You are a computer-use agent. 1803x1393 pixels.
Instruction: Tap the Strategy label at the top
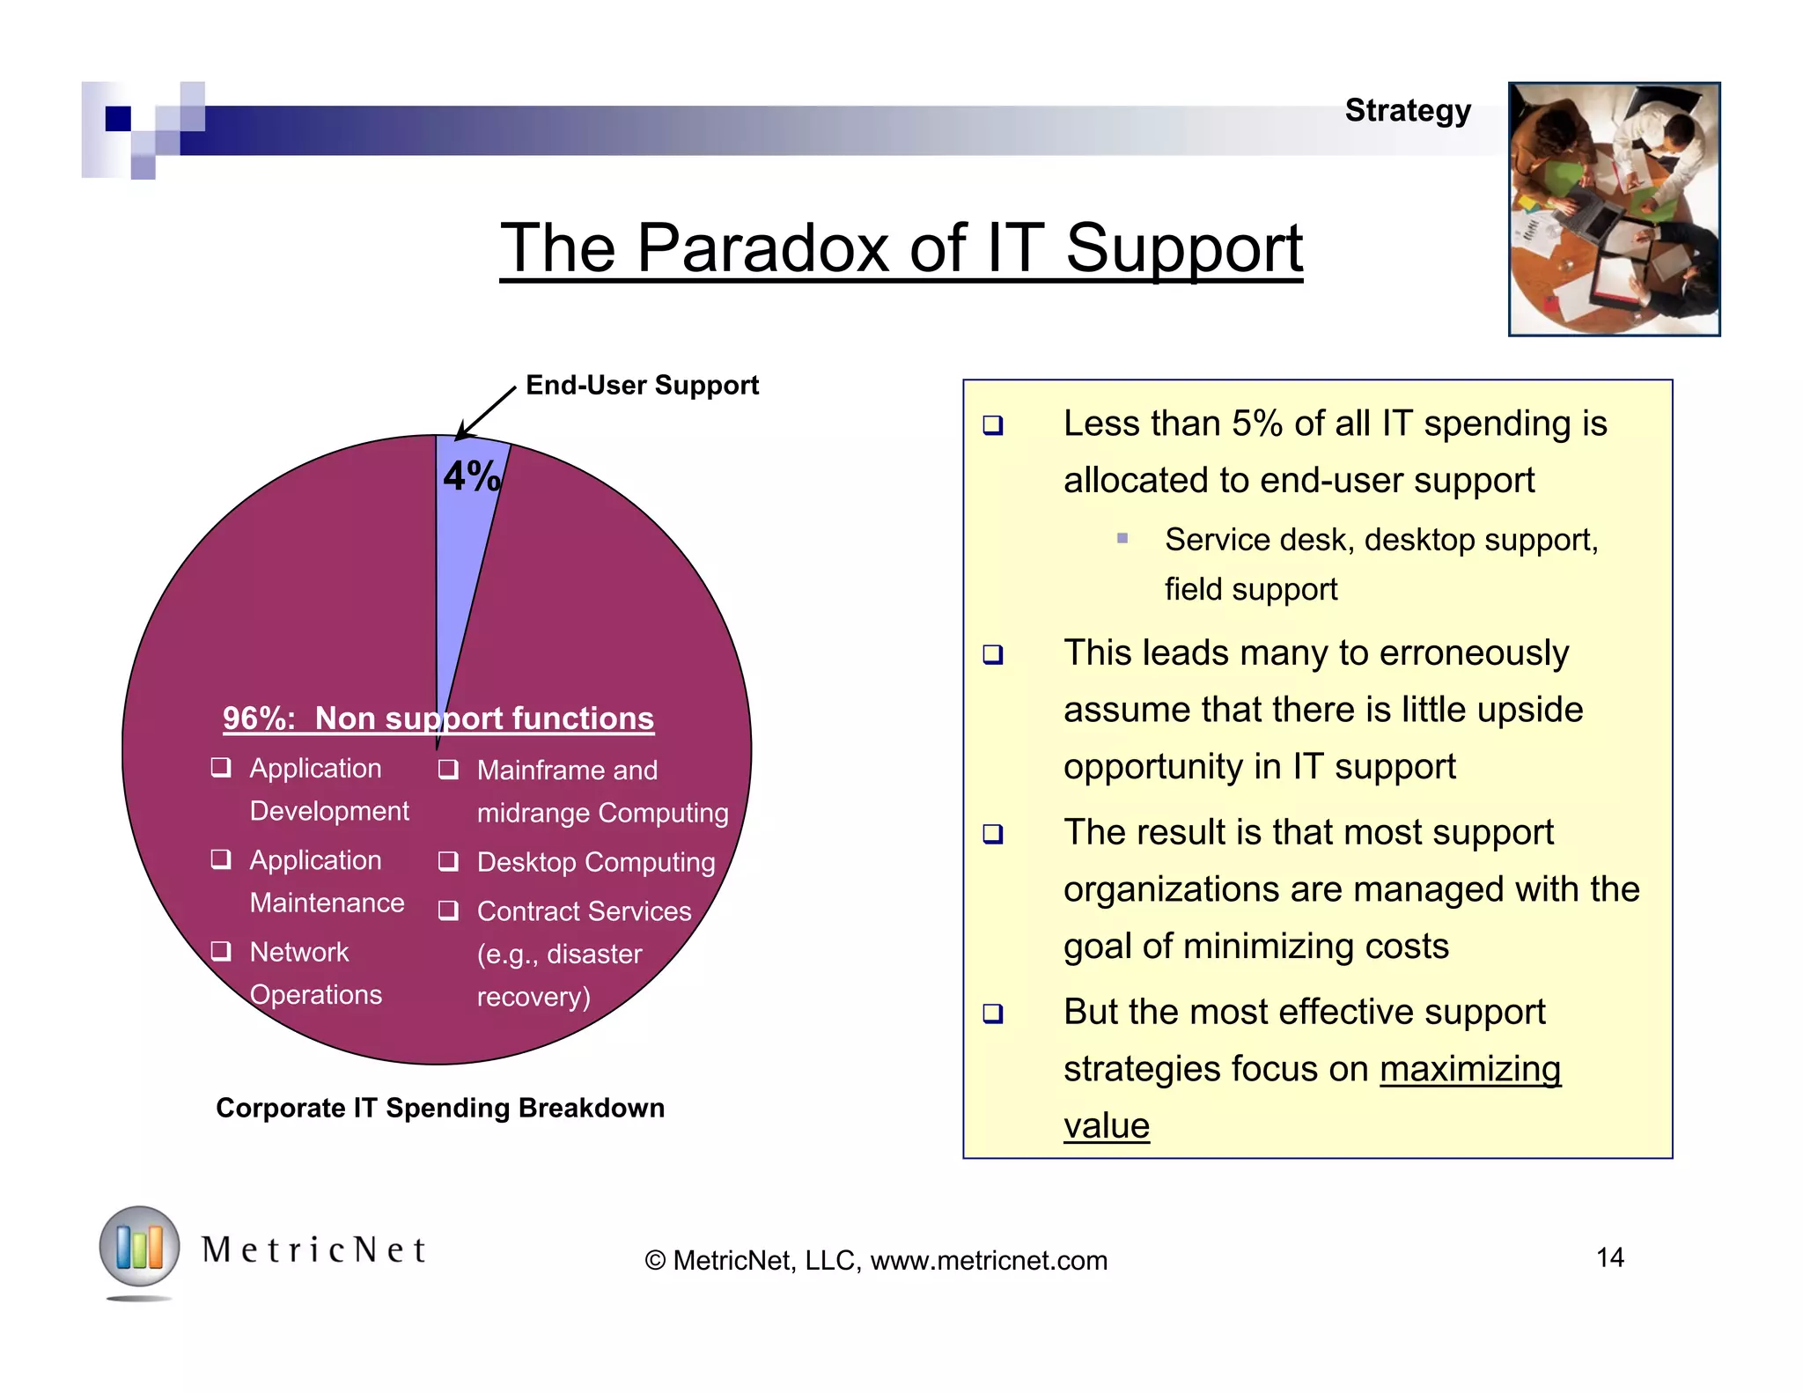1407,111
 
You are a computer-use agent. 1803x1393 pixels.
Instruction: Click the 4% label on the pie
472,476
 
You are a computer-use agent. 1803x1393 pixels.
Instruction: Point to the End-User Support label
642,385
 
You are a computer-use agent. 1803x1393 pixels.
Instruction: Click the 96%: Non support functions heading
438,719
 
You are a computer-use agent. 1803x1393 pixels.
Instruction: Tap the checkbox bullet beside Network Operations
221,951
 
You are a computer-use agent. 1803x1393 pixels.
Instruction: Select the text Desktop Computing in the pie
595,862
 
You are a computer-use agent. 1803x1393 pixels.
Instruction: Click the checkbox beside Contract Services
448,910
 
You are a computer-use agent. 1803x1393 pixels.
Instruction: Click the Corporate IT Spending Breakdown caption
440,1108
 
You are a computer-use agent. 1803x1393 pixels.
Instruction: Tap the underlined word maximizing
1469,1069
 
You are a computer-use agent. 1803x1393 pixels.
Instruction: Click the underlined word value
1106,1126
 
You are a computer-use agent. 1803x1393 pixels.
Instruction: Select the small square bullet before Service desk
1122,538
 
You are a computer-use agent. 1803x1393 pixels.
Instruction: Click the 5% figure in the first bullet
1256,424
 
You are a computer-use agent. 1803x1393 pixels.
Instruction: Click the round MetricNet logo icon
139,1248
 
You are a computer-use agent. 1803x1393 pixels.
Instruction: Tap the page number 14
1609,1257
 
